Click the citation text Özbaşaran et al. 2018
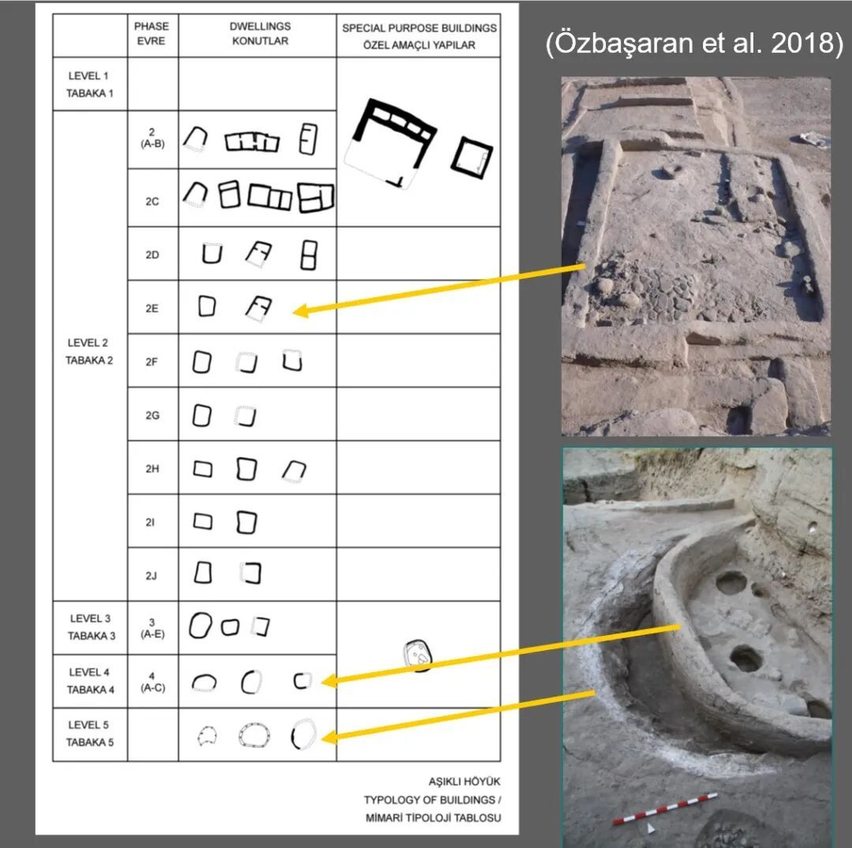(694, 43)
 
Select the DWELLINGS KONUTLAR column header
(260, 34)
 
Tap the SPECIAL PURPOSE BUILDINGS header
(419, 28)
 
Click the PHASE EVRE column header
(151, 34)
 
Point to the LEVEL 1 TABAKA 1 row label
(90, 84)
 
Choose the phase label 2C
(152, 201)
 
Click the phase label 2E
(151, 308)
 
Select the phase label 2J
(151, 576)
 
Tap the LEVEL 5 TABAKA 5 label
(90, 734)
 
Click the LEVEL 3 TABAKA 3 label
(92, 627)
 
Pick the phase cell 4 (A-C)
(152, 682)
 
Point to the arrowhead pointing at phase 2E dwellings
(301, 312)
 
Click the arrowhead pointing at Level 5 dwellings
(329, 738)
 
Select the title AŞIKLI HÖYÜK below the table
(464, 781)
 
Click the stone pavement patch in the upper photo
(647, 293)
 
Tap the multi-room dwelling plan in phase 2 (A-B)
(252, 142)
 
